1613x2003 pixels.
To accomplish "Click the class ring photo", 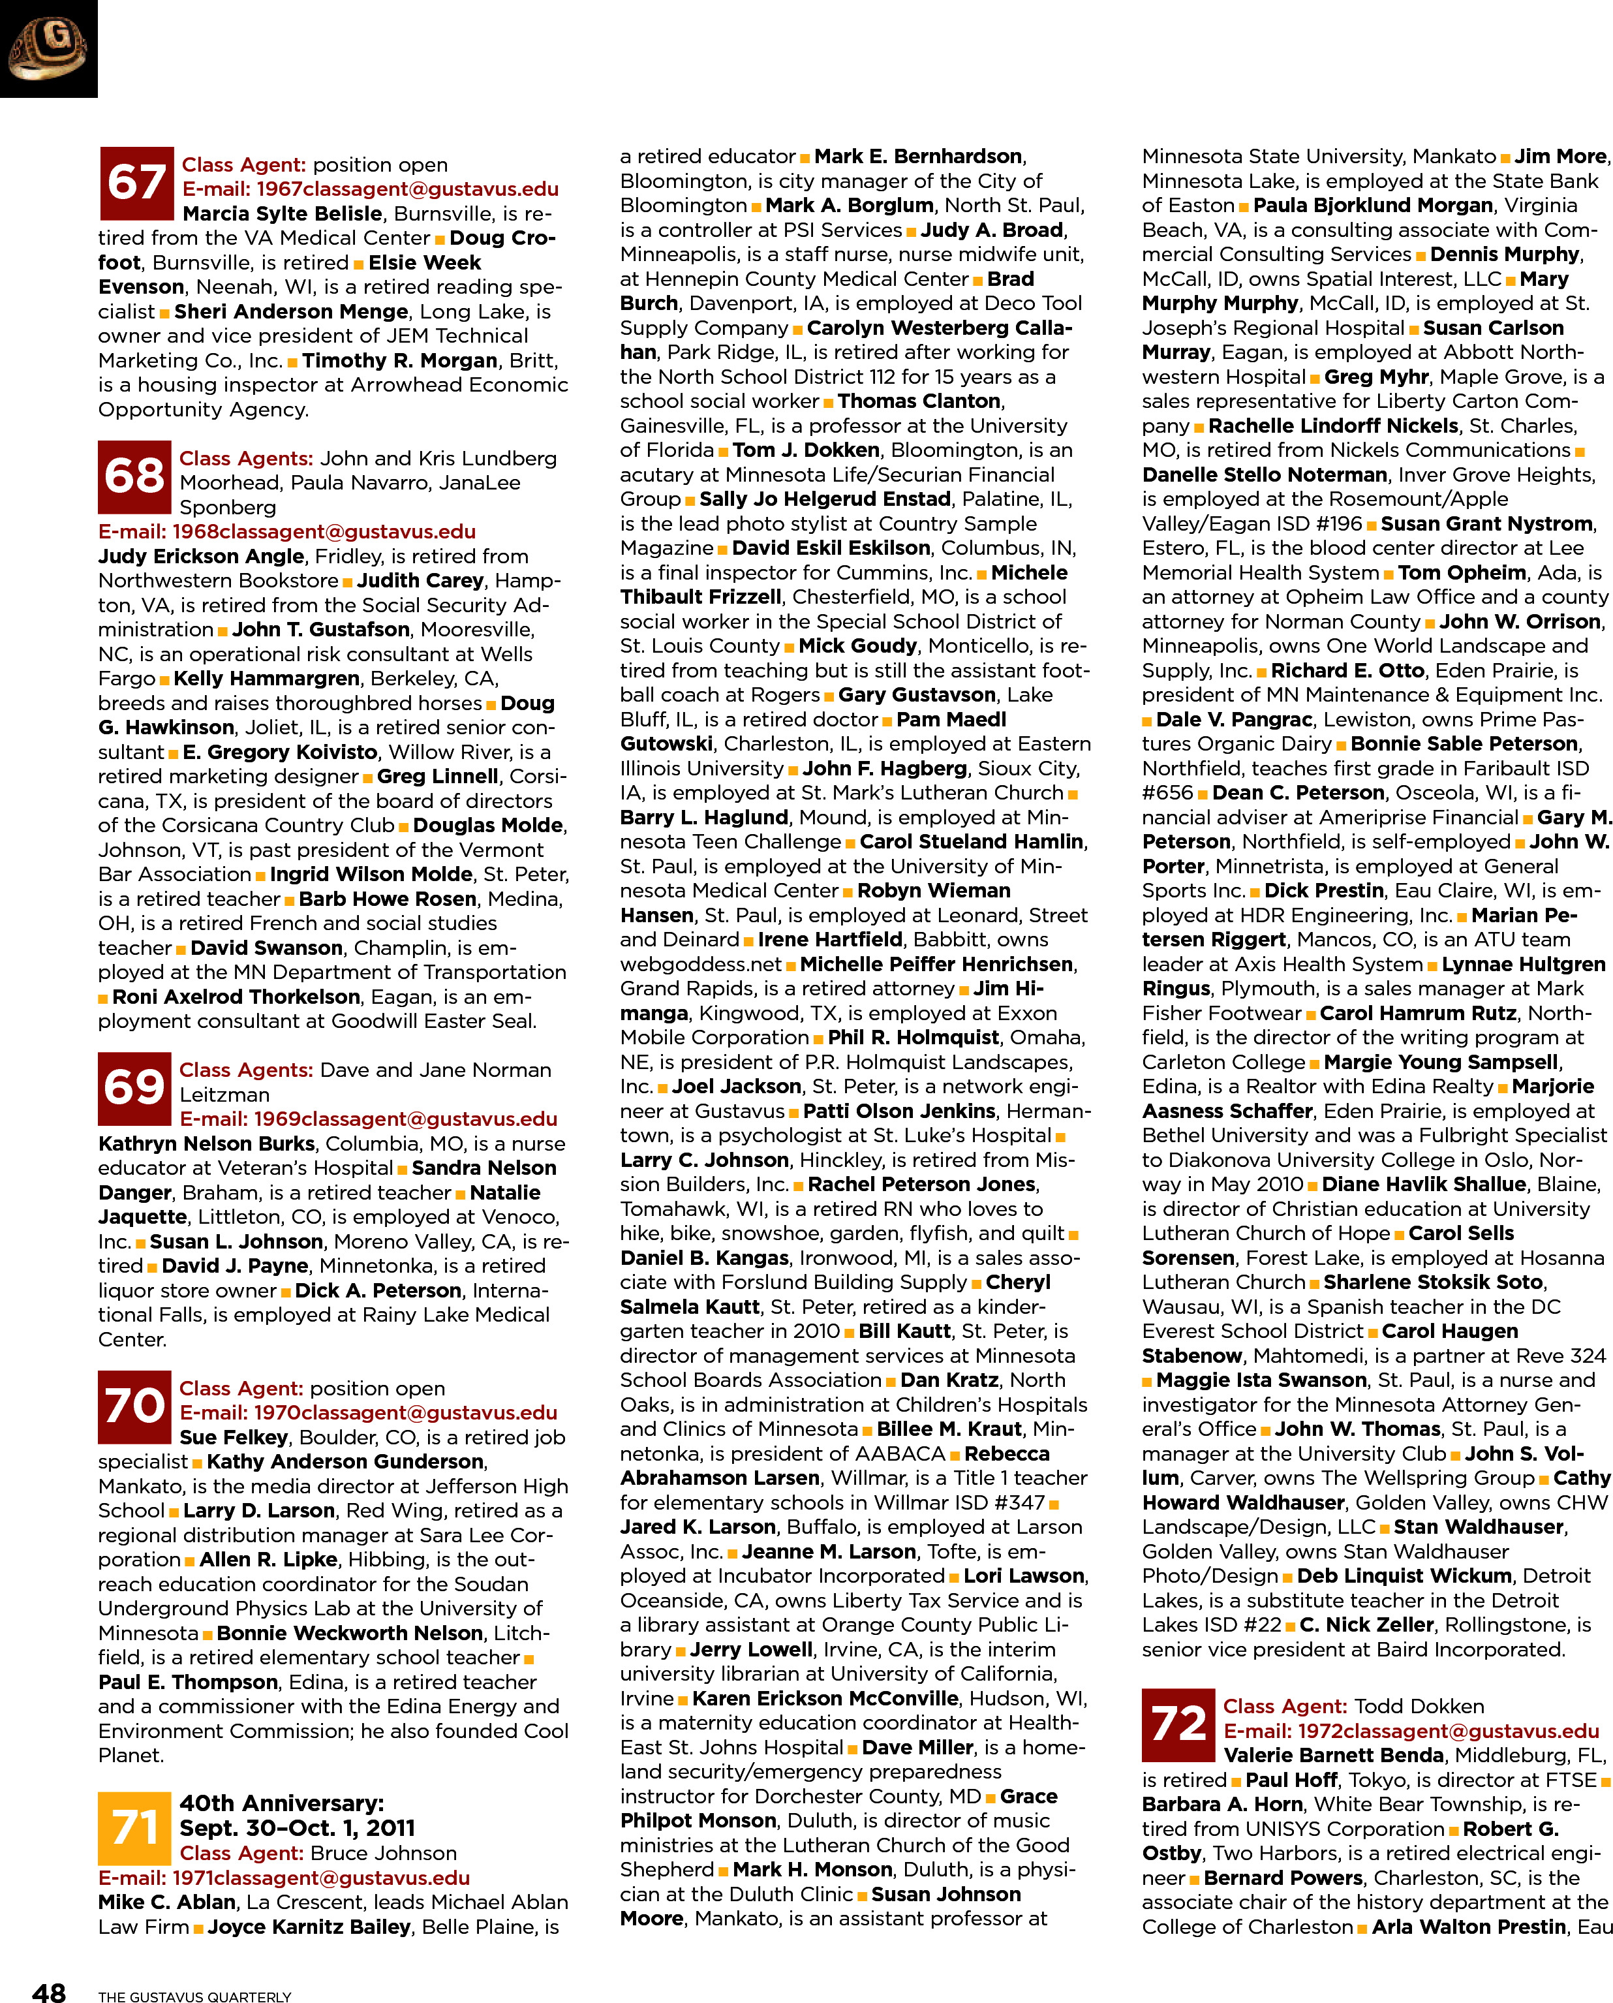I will point(48,48).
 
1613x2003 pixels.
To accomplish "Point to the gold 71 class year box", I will point(134,1827).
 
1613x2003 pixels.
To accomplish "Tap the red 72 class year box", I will point(1178,1724).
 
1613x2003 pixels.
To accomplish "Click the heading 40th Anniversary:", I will point(281,1803).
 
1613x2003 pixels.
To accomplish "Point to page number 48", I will point(49,1990).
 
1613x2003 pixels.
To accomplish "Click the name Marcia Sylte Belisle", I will point(283,214).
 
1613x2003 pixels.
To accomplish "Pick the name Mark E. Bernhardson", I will point(918,156).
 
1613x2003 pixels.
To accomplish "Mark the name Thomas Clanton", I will point(919,401).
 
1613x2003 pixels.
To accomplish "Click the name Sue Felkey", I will point(234,1437).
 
